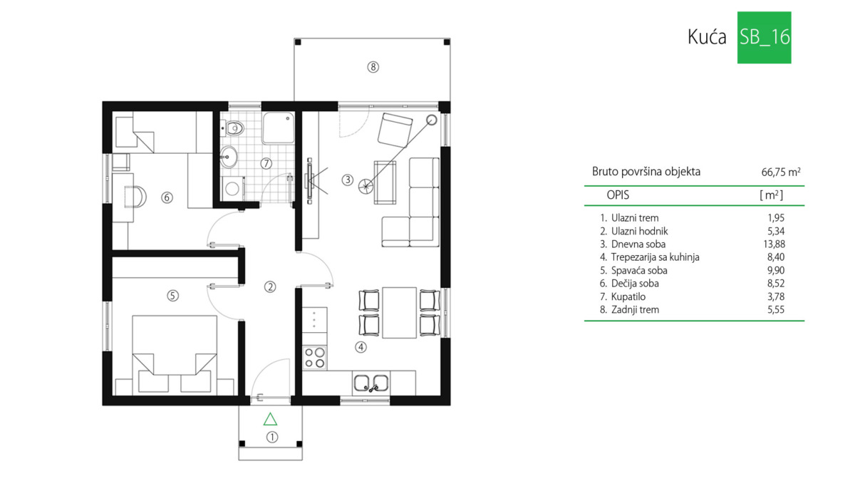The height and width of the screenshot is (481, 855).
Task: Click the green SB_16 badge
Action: tap(764, 37)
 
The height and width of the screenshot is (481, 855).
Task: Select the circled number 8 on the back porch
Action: tap(373, 67)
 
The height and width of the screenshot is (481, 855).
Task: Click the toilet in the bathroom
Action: tap(232, 128)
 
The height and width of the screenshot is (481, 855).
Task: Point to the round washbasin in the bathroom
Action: tap(229, 157)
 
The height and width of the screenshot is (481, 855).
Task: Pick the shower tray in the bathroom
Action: tap(279, 128)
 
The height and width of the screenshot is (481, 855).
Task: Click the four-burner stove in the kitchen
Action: tap(314, 358)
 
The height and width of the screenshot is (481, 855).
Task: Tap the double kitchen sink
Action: tap(371, 383)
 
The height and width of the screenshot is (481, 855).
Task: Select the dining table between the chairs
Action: tap(399, 313)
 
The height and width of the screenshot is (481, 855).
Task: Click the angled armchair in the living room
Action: tap(395, 130)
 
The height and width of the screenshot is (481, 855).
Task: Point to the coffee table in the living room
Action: tap(385, 182)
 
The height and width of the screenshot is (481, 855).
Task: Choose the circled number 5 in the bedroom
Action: tap(173, 296)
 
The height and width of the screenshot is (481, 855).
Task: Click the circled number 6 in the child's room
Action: tap(167, 197)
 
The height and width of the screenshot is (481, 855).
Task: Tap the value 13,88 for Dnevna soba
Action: tap(774, 244)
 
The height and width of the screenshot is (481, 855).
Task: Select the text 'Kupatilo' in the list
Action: tap(628, 296)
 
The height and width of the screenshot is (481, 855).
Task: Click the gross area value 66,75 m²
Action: tap(781, 172)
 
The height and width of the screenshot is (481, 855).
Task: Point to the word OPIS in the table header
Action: tap(618, 195)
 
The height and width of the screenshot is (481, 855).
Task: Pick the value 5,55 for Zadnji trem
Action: tap(776, 309)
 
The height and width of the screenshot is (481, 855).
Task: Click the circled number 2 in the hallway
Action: tap(270, 286)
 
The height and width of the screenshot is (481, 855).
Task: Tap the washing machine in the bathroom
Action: tap(233, 188)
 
